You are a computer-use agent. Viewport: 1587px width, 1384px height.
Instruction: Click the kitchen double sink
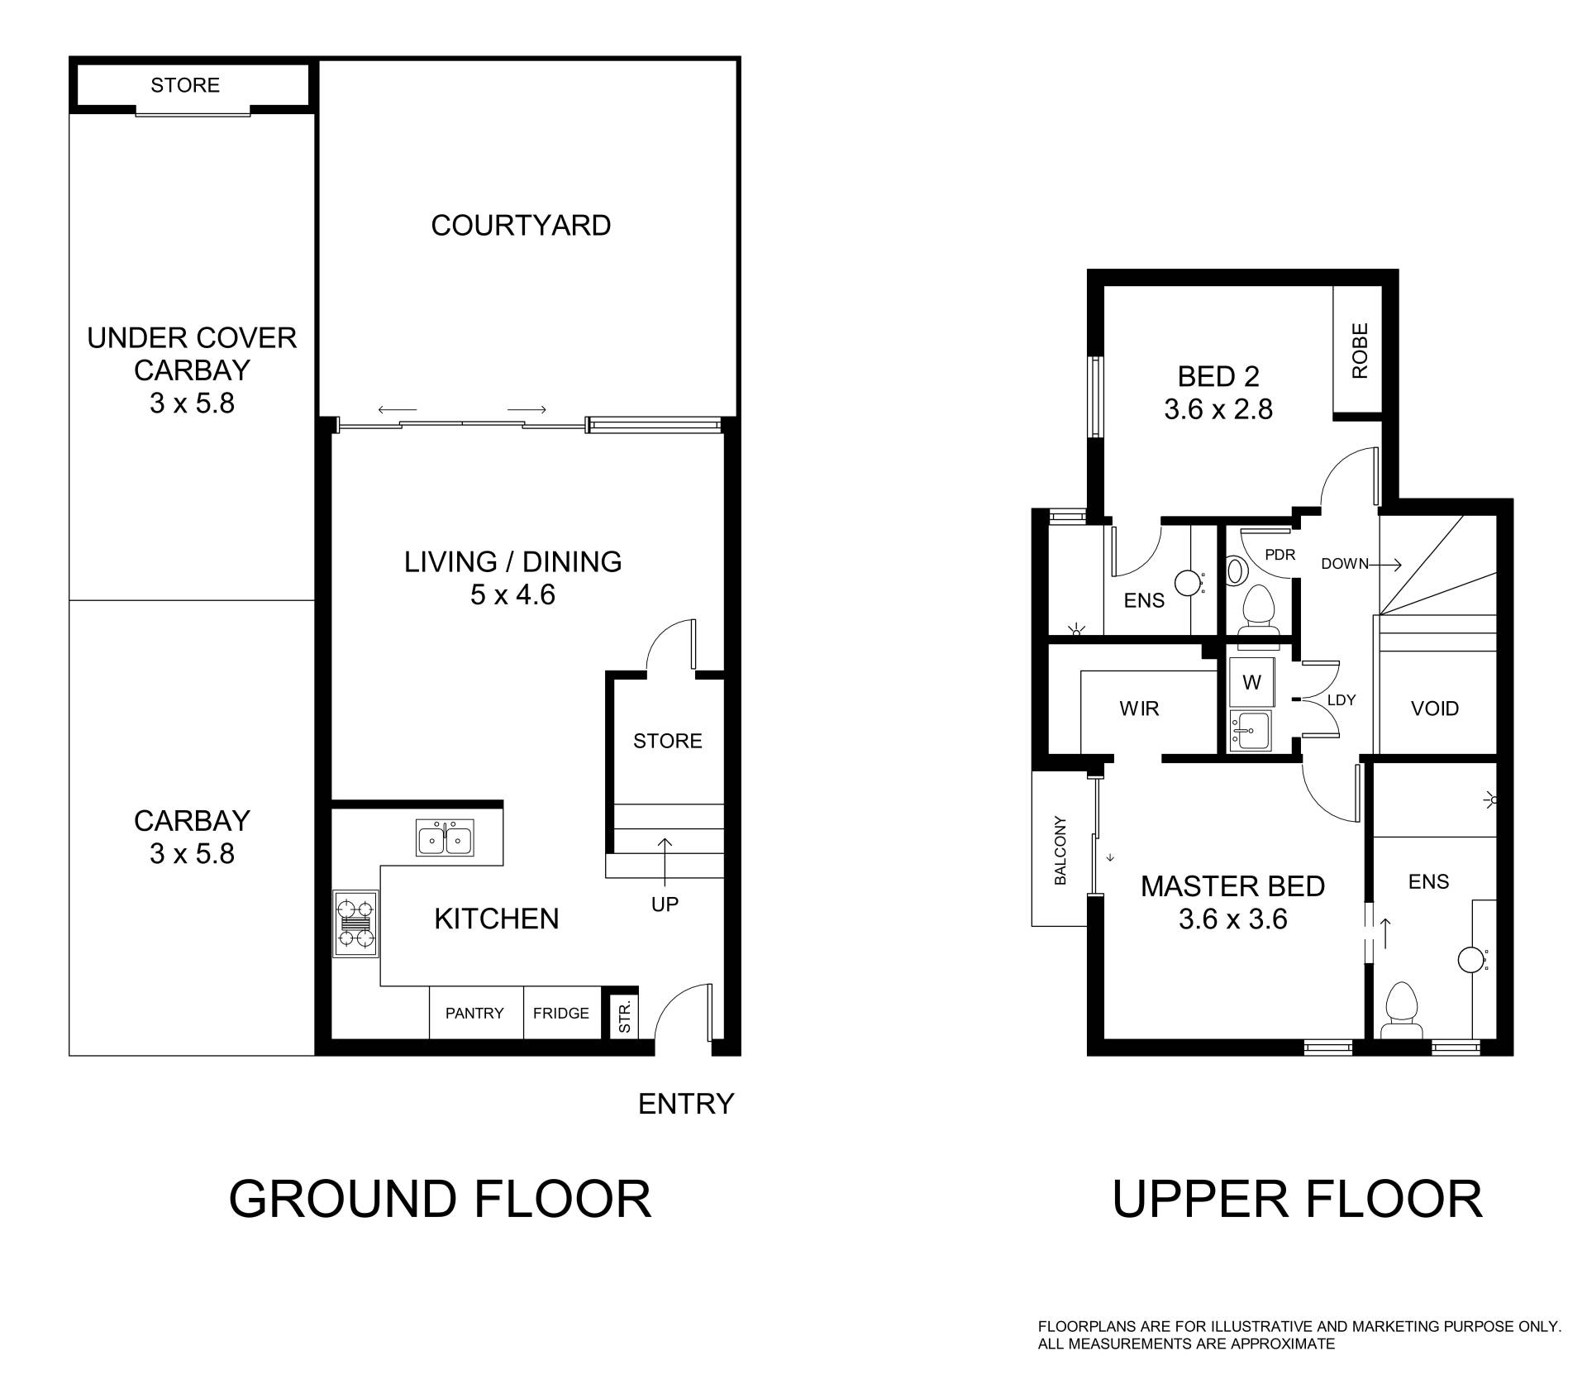(445, 838)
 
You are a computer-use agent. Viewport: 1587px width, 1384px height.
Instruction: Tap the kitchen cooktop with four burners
(355, 923)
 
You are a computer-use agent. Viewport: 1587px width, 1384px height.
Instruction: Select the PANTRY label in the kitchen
(474, 1013)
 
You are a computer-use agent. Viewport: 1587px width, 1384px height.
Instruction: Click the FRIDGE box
(561, 1013)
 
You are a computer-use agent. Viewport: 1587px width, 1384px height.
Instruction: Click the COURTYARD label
(521, 225)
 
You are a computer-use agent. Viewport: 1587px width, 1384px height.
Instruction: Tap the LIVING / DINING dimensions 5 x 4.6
(512, 594)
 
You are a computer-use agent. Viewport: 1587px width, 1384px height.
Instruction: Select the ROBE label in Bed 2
(1360, 351)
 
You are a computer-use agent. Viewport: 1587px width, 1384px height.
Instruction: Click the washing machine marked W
(1251, 682)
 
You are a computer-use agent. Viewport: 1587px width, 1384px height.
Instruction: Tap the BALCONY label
(1060, 850)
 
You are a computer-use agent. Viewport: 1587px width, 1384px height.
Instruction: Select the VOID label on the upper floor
(1434, 709)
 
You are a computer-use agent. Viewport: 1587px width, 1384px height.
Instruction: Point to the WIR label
(1139, 709)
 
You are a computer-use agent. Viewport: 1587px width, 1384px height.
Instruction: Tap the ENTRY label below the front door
(686, 1104)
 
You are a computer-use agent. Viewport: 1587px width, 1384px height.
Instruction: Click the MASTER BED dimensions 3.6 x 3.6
(1232, 919)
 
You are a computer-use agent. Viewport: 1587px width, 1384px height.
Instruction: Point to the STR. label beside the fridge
(625, 1016)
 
